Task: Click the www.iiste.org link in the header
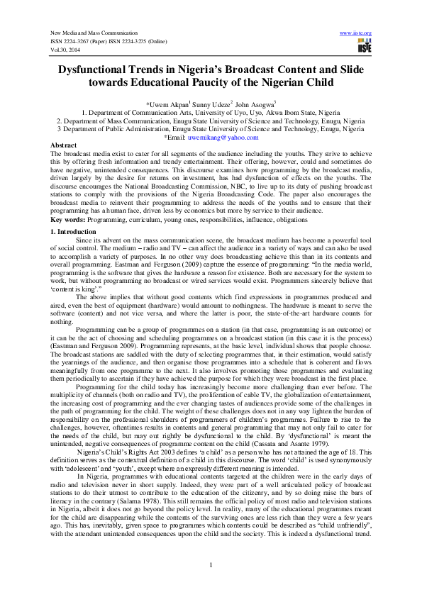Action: tap(356, 33)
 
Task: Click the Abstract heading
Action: tap(64, 145)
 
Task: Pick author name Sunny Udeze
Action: tap(219, 104)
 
